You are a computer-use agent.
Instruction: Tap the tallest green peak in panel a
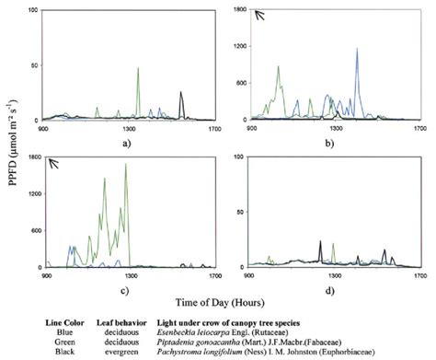coord(138,68)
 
